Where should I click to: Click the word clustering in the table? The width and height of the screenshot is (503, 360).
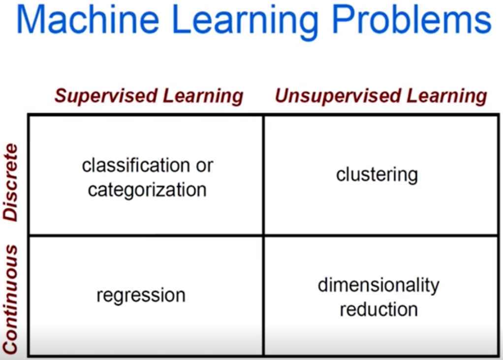(x=377, y=175)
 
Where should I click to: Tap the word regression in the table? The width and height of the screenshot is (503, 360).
(x=141, y=295)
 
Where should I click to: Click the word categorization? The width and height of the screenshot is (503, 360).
(x=147, y=190)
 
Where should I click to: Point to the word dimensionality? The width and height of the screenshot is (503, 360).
(x=378, y=285)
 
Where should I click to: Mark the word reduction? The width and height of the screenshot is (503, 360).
(x=378, y=310)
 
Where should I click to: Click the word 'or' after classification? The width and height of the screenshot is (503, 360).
(x=204, y=166)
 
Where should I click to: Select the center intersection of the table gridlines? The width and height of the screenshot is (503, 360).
(x=263, y=236)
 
